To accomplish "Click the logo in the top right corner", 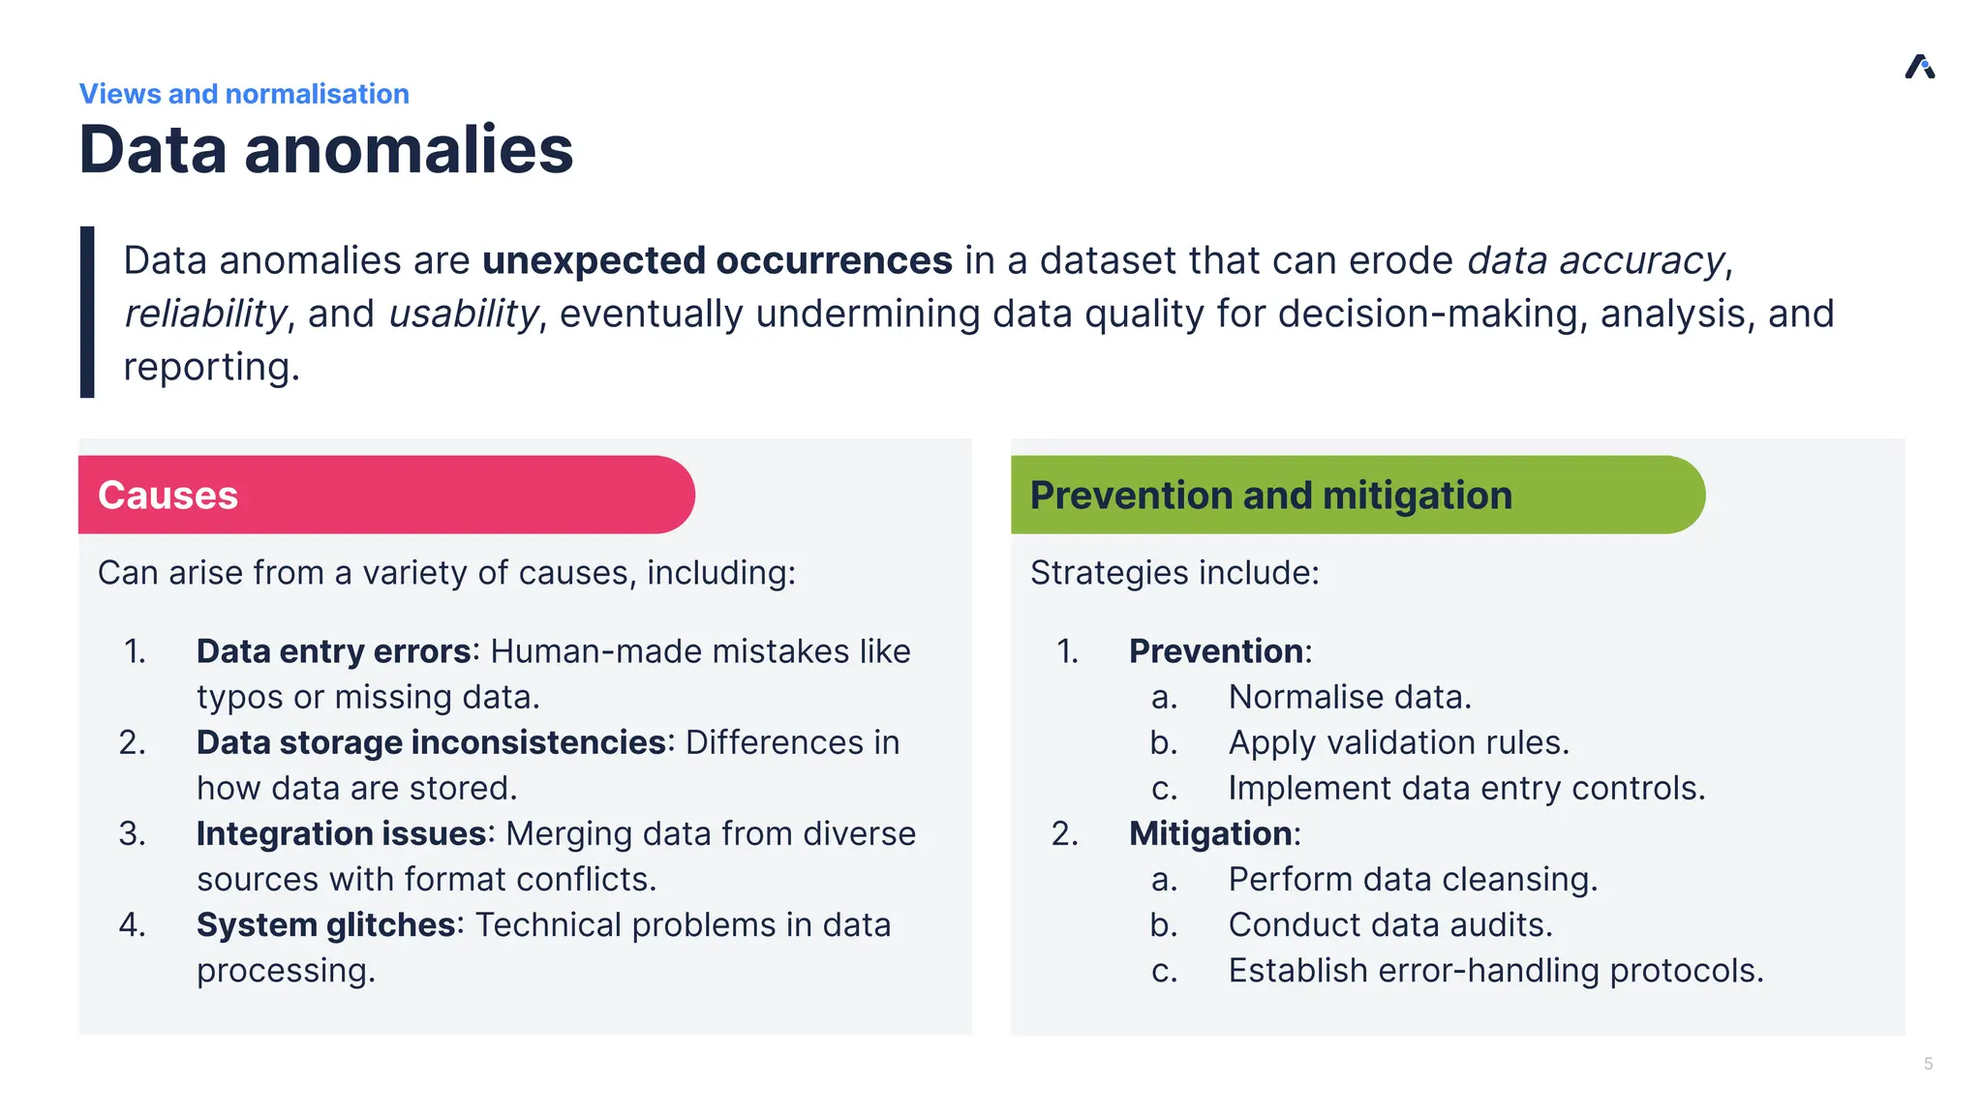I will tap(1919, 67).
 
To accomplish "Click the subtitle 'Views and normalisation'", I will tap(244, 94).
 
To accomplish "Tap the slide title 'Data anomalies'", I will tap(326, 150).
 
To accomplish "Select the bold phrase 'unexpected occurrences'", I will tap(717, 260).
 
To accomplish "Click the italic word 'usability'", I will tap(463, 314).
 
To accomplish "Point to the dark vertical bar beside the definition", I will tap(87, 312).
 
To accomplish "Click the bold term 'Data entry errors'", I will tap(333, 651).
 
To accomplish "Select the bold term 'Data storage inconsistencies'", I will tap(431, 742).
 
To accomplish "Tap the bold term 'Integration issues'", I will tap(341, 833).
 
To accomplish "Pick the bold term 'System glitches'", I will tap(325, 924).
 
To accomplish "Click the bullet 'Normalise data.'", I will tap(1349, 697).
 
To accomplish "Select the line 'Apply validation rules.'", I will tap(1398, 742).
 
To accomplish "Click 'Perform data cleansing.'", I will tap(1413, 879).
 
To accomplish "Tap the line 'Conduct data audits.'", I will tap(1389, 924).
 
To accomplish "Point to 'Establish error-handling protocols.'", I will tap(1495, 970).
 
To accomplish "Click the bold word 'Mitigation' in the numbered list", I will tap(1210, 833).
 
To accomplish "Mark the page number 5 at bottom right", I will tap(1928, 1064).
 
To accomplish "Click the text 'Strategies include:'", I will tap(1175, 572).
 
